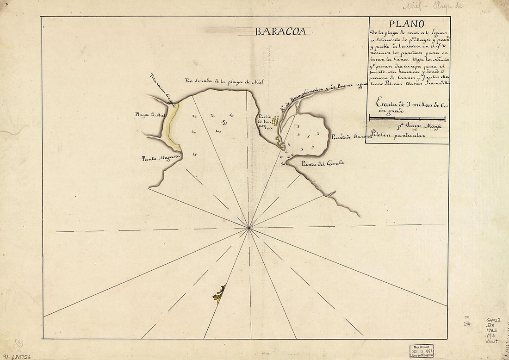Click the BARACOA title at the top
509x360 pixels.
280,31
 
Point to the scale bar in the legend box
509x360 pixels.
407,119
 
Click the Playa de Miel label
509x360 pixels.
150,114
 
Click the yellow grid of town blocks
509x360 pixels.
275,121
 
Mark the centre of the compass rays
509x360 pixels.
249,228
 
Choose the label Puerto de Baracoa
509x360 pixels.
352,137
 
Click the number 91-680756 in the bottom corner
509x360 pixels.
17,356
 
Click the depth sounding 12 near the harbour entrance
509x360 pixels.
282,158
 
